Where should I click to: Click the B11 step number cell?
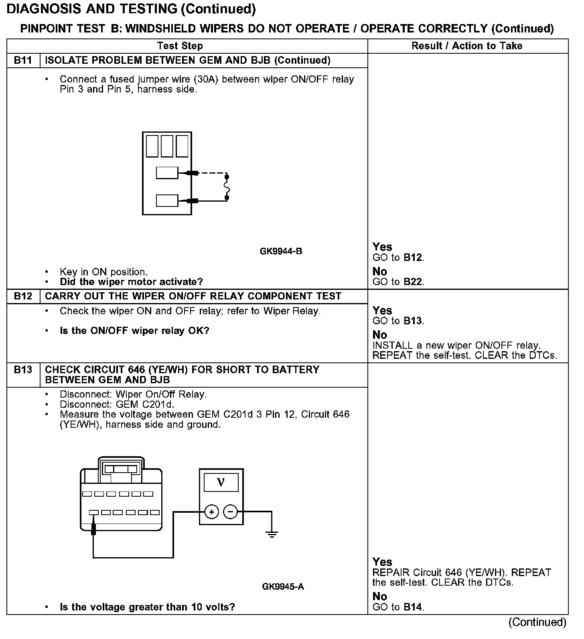point(23,61)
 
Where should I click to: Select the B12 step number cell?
point(23,296)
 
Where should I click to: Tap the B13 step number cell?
point(23,370)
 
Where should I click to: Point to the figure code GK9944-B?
point(281,251)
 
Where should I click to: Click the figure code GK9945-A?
point(283,587)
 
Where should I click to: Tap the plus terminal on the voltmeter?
point(211,512)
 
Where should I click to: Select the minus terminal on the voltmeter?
point(230,512)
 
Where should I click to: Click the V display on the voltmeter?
point(221,482)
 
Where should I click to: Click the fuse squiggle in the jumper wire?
point(227,187)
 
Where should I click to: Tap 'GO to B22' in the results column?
point(398,282)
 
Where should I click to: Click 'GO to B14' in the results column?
point(398,607)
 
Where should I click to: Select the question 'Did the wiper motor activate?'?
point(131,282)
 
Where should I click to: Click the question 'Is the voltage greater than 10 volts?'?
point(147,607)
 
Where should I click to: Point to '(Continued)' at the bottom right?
point(537,622)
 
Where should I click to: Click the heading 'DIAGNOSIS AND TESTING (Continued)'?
point(131,9)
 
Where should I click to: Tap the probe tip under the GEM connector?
point(93,530)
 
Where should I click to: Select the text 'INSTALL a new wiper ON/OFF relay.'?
point(456,346)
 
